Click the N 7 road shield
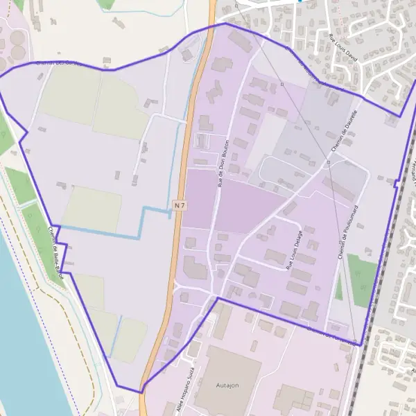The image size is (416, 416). tap(180, 205)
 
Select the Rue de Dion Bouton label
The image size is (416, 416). tap(223, 163)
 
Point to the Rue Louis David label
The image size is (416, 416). tap(346, 49)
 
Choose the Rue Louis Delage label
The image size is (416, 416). tap(295, 249)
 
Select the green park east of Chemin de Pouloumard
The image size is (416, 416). tap(362, 279)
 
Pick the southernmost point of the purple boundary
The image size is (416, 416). tap(141, 392)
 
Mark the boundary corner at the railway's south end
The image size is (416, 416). tap(360, 343)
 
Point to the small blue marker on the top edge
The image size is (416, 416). tap(300, 1)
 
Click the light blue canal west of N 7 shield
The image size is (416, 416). tap(144, 222)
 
